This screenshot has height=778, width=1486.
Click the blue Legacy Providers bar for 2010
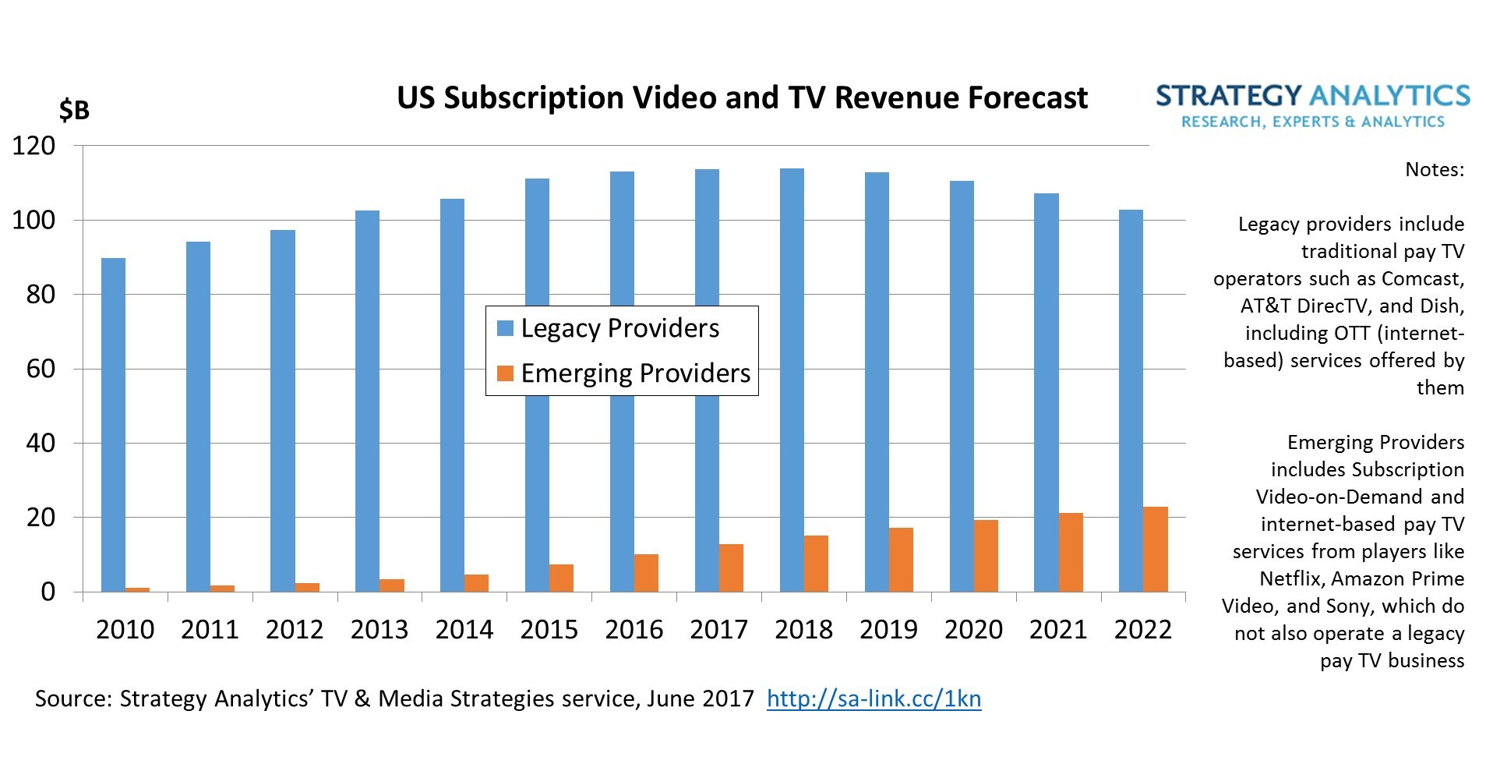(113, 425)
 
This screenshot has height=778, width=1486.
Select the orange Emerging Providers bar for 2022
(1155, 550)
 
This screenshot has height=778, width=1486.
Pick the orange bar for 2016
(646, 573)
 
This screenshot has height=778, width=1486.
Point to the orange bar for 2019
(901, 560)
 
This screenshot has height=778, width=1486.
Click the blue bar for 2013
(367, 401)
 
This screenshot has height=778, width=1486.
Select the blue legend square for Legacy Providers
(505, 328)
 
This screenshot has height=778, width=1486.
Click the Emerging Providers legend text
(635, 373)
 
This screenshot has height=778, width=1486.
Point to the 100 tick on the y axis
(34, 220)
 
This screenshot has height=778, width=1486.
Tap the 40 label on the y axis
(41, 443)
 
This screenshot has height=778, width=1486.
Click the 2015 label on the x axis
(549, 629)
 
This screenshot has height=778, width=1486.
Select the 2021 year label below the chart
(1057, 629)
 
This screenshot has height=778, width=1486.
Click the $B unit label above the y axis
(74, 110)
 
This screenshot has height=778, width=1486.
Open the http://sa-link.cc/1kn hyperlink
(874, 698)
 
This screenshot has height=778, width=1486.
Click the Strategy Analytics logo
(1312, 105)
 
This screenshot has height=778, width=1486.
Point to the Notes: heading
(1434, 170)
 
